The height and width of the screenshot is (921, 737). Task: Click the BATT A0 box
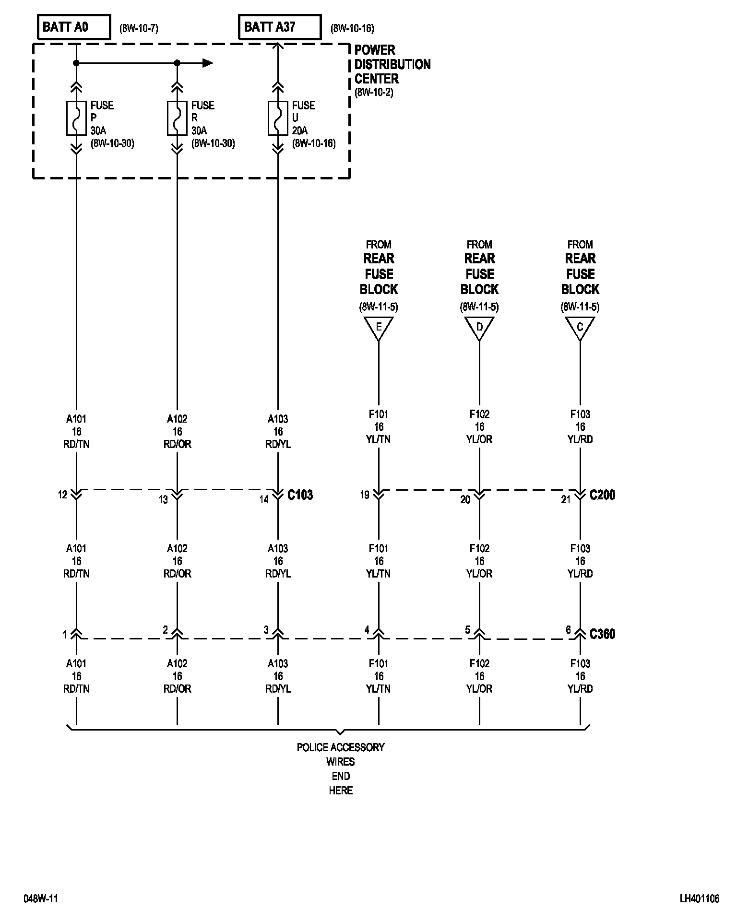click(x=73, y=27)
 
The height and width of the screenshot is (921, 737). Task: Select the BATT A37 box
click(x=279, y=27)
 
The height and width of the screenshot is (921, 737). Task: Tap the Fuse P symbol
click(x=76, y=118)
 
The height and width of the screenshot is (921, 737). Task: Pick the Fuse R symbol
click(x=177, y=118)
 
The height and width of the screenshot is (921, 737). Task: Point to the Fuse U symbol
click(x=278, y=118)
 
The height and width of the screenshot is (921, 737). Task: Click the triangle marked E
click(x=379, y=328)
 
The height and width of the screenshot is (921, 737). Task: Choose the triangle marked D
click(x=479, y=328)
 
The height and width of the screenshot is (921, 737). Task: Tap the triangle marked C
click(x=580, y=328)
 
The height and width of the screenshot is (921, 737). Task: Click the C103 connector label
click(x=300, y=495)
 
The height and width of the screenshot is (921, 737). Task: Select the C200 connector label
click(x=602, y=495)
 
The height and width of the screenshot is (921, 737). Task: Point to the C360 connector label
click(x=602, y=634)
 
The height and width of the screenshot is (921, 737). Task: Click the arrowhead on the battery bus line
click(x=207, y=63)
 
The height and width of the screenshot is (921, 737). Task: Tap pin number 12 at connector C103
click(x=63, y=495)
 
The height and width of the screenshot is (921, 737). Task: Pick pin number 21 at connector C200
click(x=566, y=499)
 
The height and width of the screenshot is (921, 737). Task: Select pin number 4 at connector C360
click(x=367, y=630)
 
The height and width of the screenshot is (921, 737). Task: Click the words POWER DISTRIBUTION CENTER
click(x=392, y=64)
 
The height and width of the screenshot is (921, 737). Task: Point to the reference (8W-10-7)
click(x=139, y=28)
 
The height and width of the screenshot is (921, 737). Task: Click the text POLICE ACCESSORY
click(x=341, y=747)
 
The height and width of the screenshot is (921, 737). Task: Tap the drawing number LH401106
click(x=699, y=898)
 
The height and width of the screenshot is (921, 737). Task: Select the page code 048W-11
click(x=41, y=898)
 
